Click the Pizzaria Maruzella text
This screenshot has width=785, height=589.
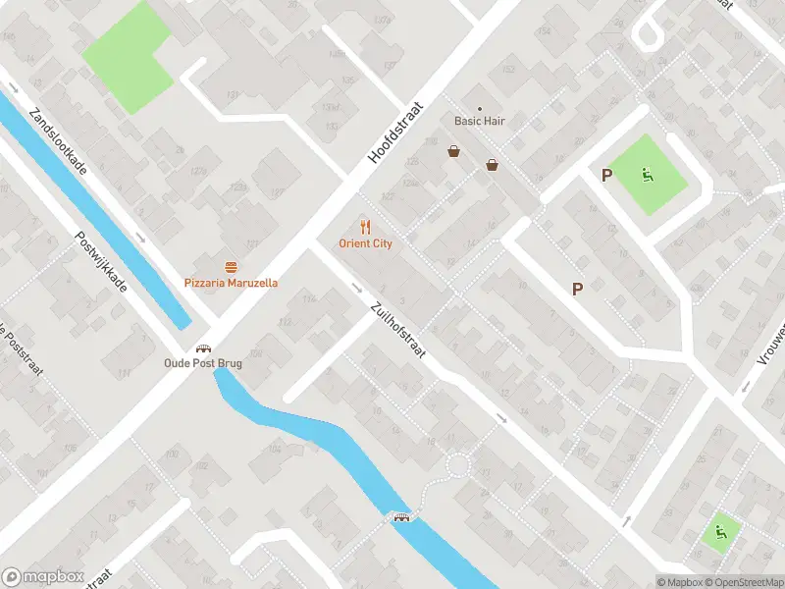pyautogui.click(x=232, y=283)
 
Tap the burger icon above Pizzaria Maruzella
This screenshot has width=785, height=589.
pyautogui.click(x=232, y=267)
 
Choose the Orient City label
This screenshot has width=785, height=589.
pyautogui.click(x=365, y=243)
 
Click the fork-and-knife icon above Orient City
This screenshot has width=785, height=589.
pyautogui.click(x=365, y=227)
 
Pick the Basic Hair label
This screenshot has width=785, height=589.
pyautogui.click(x=479, y=122)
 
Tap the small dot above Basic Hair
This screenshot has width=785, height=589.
pyautogui.click(x=480, y=108)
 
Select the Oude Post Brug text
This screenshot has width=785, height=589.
pyautogui.click(x=203, y=363)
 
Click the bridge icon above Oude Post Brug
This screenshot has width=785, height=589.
pyautogui.click(x=203, y=348)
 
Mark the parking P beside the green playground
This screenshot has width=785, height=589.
pyautogui.click(x=606, y=175)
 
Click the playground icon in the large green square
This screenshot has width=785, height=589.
pyautogui.click(x=647, y=176)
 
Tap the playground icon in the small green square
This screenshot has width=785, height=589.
pyautogui.click(x=721, y=531)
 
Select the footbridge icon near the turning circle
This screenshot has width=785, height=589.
pyautogui.click(x=400, y=516)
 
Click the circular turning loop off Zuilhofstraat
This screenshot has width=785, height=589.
pyautogui.click(x=457, y=464)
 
